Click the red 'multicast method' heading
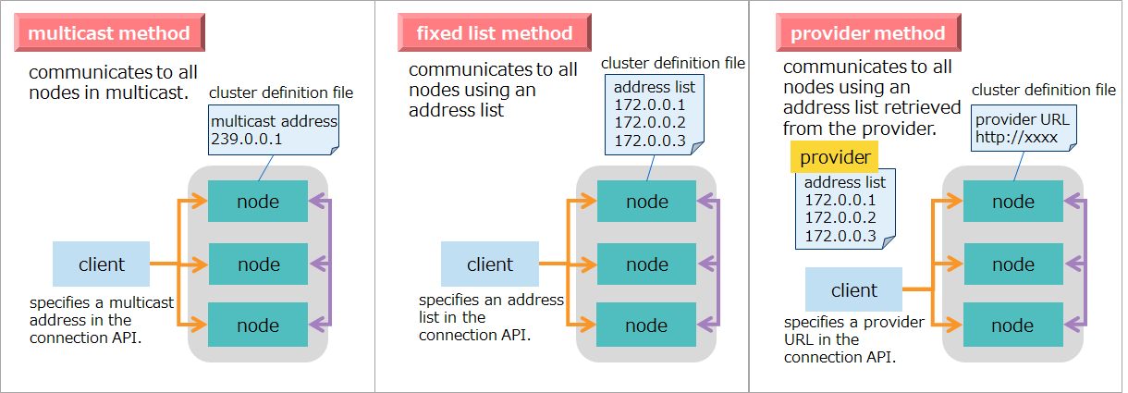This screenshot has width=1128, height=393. click(x=109, y=34)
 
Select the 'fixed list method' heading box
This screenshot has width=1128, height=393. click(x=495, y=34)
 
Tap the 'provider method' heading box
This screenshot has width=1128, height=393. click(x=867, y=34)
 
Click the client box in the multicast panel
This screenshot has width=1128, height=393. click(x=101, y=264)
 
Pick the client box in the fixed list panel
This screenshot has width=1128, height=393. click(x=489, y=264)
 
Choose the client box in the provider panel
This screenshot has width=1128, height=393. click(x=853, y=290)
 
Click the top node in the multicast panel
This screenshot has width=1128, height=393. click(x=258, y=202)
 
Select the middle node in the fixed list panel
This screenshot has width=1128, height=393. click(x=646, y=264)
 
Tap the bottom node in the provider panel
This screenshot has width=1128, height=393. click(x=1012, y=325)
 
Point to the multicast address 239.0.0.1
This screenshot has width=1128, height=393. click(x=247, y=140)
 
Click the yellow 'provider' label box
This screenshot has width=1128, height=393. click(x=835, y=158)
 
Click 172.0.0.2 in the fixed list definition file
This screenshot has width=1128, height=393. click(x=649, y=122)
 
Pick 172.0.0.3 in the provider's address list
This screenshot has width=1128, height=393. click(x=840, y=235)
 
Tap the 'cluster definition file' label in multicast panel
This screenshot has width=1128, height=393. click(x=281, y=92)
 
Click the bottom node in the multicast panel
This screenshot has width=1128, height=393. click(x=258, y=325)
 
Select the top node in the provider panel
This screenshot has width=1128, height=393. click(x=1012, y=202)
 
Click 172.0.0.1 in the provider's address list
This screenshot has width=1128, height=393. click(x=840, y=200)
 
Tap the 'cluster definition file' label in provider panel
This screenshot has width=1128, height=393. click(x=1044, y=90)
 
